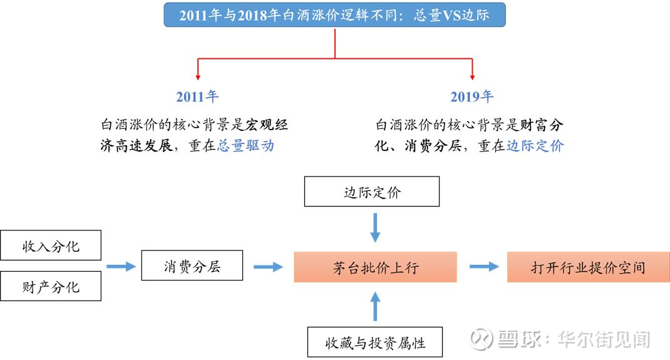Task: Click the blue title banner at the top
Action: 334,15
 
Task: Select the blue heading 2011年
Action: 197,96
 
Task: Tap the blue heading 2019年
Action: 472,96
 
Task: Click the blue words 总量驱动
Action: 245,146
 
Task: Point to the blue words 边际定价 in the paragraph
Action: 535,146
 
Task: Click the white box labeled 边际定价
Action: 372,192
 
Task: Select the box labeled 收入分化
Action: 51,245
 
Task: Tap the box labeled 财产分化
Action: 51,286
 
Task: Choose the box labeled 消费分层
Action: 192,265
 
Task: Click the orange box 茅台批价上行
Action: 375,267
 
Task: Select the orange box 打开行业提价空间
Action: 589,267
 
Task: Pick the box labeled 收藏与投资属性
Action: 375,342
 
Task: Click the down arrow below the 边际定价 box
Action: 375,228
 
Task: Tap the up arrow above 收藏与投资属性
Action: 375,306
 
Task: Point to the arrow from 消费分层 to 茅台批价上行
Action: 269,267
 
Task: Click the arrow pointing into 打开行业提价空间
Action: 484,267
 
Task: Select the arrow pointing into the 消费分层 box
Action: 121,267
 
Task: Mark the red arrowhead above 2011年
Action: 198,77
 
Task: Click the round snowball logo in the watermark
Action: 481,339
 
